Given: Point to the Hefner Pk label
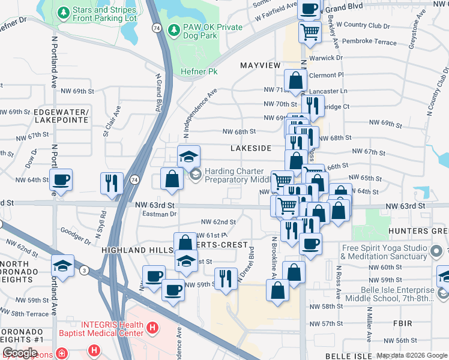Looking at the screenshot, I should click(199, 72).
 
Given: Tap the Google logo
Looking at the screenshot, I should click(20, 352).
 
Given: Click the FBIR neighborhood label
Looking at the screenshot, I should click(400, 323).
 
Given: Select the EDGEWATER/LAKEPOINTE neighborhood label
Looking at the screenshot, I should click(61, 116).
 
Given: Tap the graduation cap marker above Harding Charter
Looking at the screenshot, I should click(188, 157).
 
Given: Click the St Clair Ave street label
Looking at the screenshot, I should click(112, 121).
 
